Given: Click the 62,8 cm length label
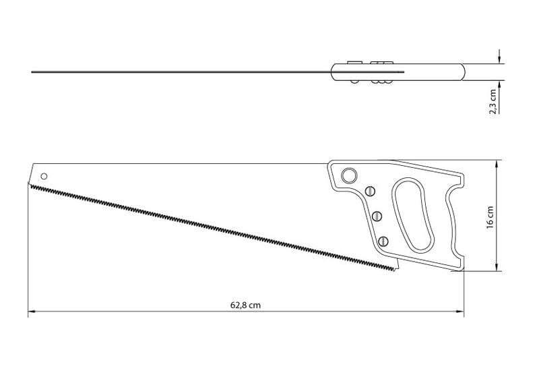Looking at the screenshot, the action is click(245, 305).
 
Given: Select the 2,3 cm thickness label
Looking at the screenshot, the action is click(493, 102).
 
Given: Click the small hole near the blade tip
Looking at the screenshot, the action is click(44, 177).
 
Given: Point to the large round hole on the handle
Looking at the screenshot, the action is click(349, 175).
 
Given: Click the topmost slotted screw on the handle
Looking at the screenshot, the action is click(370, 191).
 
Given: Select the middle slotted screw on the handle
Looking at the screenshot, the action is click(377, 216).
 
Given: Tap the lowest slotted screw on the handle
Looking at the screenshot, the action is click(383, 241).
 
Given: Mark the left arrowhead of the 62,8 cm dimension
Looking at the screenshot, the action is click(32, 312).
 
